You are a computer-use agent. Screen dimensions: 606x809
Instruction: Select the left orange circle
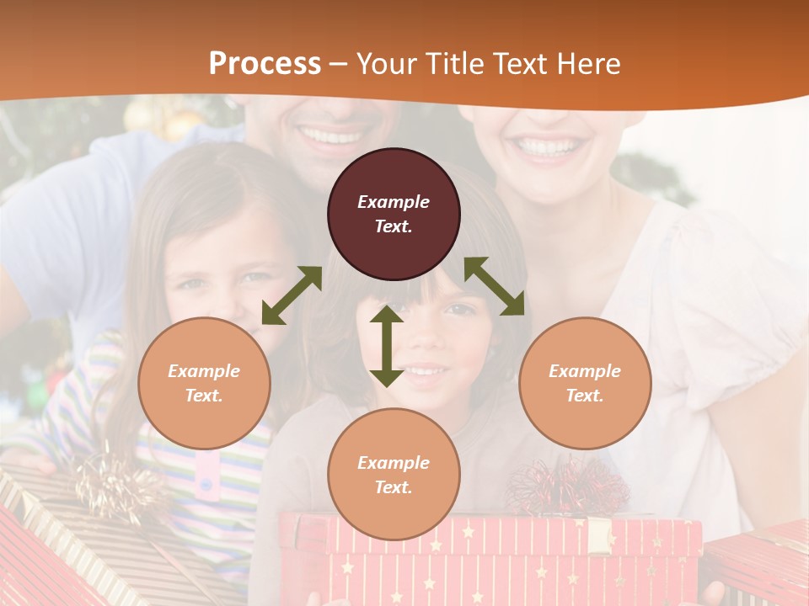(x=204, y=383)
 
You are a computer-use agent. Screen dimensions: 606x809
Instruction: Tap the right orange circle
(x=585, y=383)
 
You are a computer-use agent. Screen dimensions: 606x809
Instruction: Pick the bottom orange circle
(x=394, y=474)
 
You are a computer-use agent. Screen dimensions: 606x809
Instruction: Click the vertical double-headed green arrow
(x=387, y=346)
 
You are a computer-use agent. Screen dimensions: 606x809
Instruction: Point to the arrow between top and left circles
(x=292, y=295)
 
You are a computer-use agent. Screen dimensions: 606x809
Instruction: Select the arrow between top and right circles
(x=494, y=286)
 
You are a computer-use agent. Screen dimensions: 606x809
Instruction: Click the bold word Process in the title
(x=265, y=64)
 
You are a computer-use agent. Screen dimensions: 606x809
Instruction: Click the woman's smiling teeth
(x=549, y=146)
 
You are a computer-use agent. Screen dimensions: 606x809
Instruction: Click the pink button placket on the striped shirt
(x=206, y=476)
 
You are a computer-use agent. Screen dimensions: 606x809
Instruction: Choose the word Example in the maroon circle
(x=394, y=202)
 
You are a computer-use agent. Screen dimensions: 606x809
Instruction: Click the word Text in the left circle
(x=203, y=396)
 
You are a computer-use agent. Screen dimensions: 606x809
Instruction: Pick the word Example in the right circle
(x=585, y=371)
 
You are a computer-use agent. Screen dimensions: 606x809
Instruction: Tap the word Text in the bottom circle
(x=393, y=487)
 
